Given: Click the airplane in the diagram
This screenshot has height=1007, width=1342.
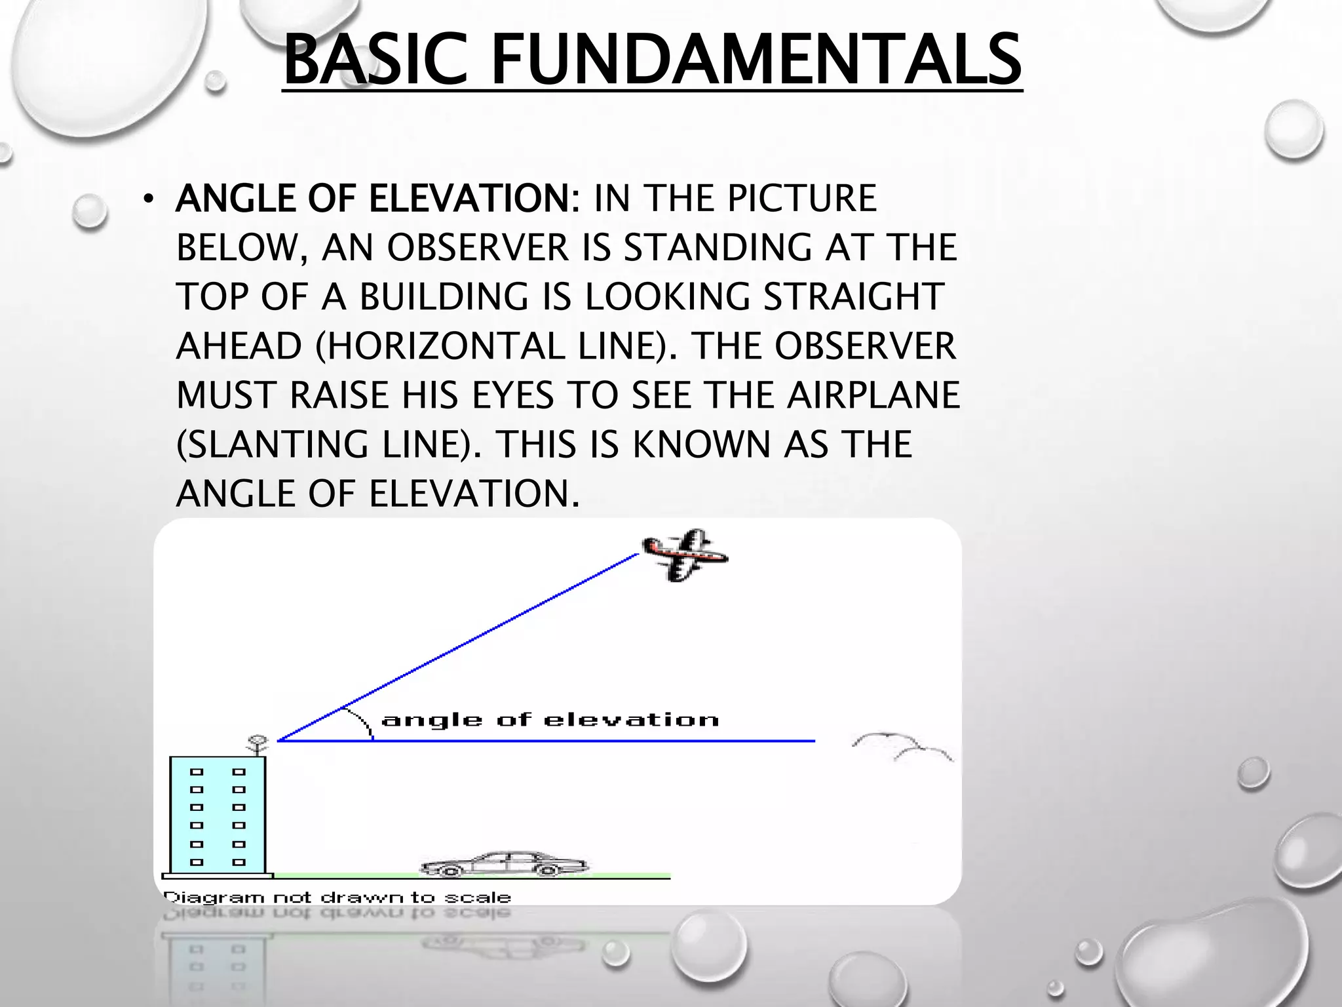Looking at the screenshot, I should pyautogui.click(x=685, y=555).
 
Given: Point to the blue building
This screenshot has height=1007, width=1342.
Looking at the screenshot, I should pyautogui.click(x=218, y=816).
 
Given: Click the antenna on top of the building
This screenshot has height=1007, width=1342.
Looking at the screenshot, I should pyautogui.click(x=256, y=744).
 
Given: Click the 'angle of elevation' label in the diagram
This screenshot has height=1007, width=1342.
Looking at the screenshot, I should pyautogui.click(x=550, y=721).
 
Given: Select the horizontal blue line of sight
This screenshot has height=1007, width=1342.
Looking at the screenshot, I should pyautogui.click(x=590, y=741).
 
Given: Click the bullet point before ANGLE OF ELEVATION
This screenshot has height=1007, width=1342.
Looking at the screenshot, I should pyautogui.click(x=149, y=199).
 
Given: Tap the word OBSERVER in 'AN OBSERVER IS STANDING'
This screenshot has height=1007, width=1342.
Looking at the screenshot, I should pyautogui.click(x=478, y=248).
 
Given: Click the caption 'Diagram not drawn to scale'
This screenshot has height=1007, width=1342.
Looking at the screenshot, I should pyautogui.click(x=337, y=897).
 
